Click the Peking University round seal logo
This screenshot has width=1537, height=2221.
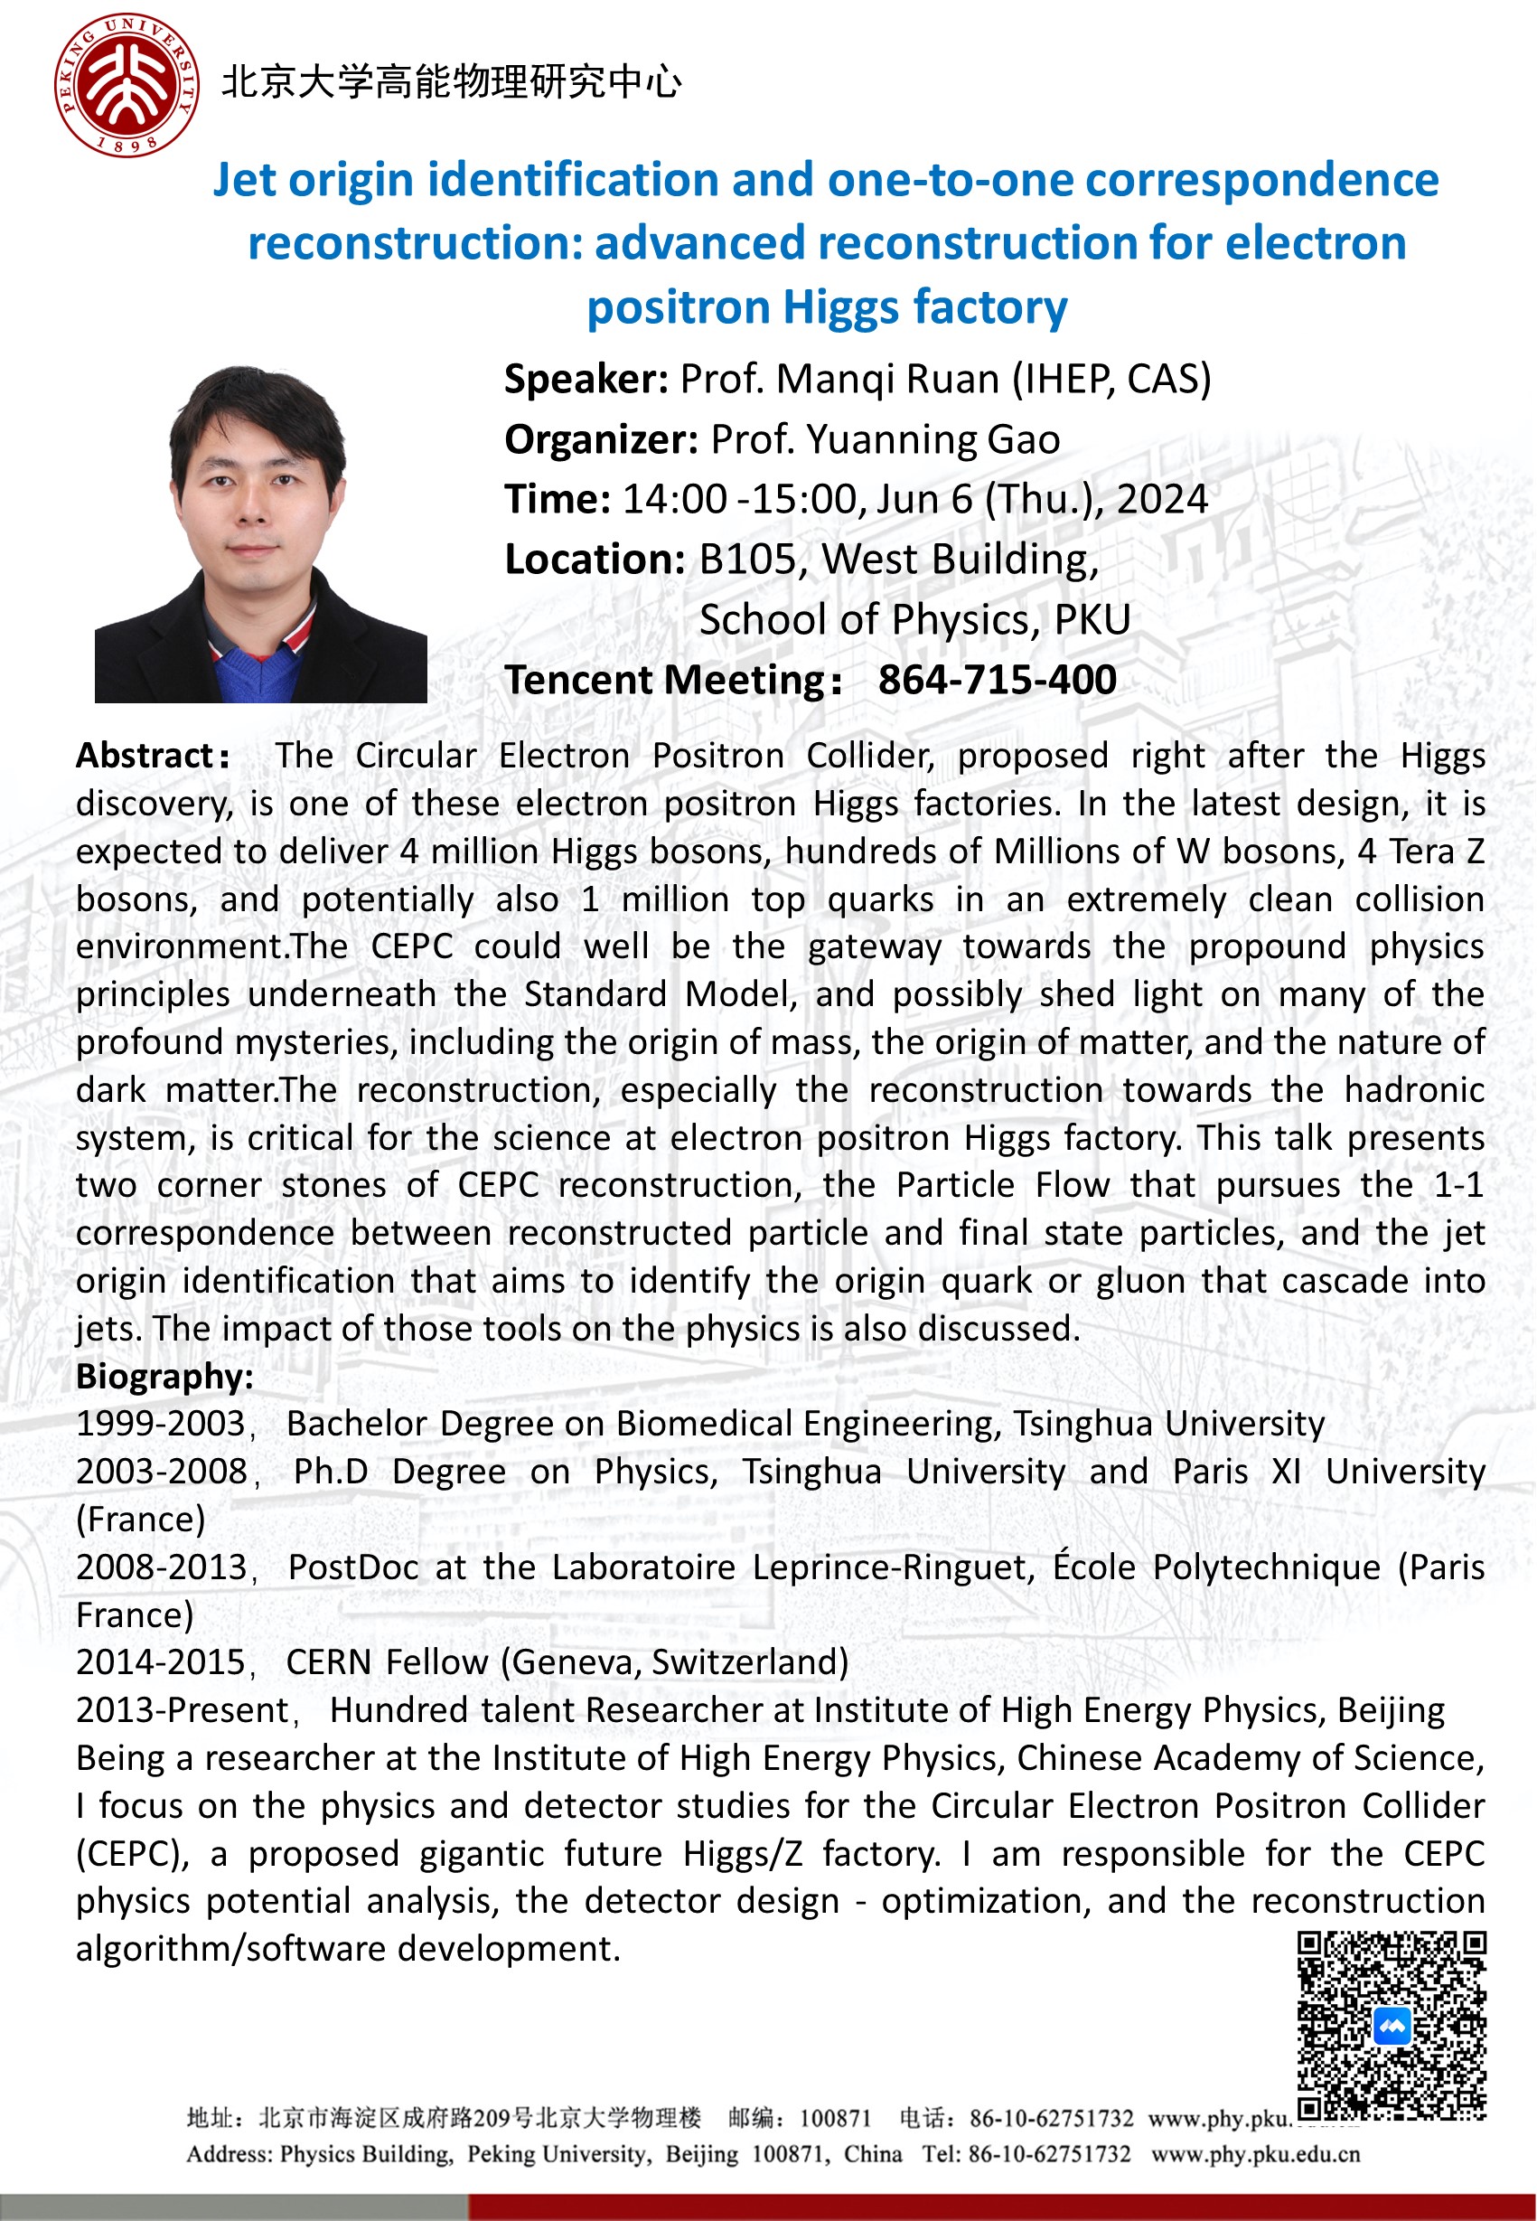click(127, 85)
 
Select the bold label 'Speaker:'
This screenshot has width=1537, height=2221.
click(586, 380)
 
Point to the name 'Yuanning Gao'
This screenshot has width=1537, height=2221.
click(933, 440)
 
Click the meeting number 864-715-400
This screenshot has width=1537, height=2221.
click(997, 680)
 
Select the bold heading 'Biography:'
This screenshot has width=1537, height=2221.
click(164, 1377)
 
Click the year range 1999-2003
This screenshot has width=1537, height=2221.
click(161, 1424)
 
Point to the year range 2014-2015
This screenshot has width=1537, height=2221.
click(161, 1662)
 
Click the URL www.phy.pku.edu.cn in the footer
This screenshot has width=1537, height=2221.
click(1255, 2154)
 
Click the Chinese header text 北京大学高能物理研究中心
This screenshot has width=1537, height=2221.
click(452, 83)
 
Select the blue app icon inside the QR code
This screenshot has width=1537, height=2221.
click(1392, 2027)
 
